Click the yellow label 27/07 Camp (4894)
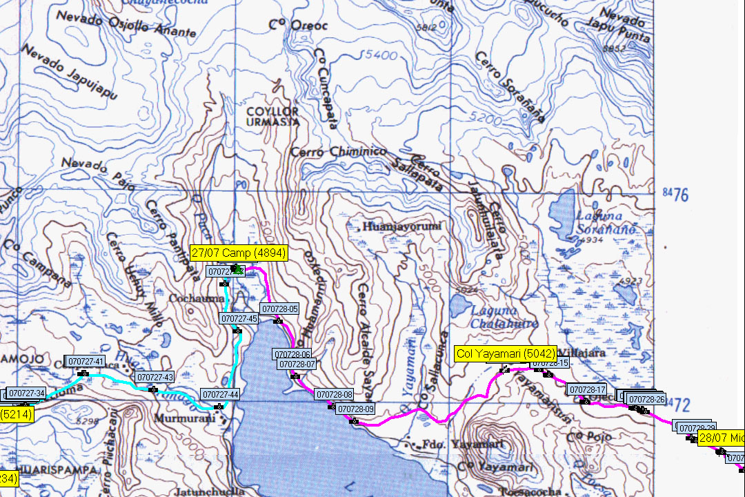pyautogui.click(x=238, y=253)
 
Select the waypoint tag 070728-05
pyautogui.click(x=279, y=309)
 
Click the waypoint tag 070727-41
pyautogui.click(x=86, y=361)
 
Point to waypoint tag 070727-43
pyautogui.click(x=155, y=377)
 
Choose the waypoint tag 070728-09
pyautogui.click(x=356, y=409)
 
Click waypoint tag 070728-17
pyautogui.click(x=587, y=389)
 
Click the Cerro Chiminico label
pyautogui.click(x=338, y=151)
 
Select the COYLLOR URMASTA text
pyautogui.click(x=272, y=116)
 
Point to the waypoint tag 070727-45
pyautogui.click(x=239, y=318)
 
